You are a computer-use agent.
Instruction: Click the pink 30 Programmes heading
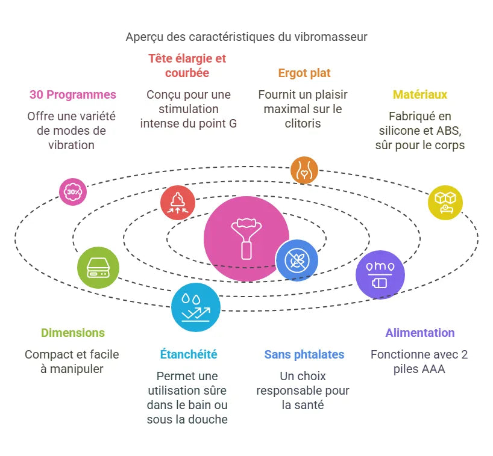pos(73,94)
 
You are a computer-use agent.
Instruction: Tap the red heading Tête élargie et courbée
pos(187,66)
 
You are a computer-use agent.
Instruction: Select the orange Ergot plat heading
pos(304,73)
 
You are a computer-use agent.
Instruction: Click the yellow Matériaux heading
pos(420,94)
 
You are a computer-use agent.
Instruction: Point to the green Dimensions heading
pos(73,333)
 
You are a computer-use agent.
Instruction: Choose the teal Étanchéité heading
pos(189,354)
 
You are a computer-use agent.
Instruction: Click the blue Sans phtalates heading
pos(304,354)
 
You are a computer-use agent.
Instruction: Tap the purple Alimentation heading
pos(420,333)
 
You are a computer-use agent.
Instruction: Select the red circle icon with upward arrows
pos(178,203)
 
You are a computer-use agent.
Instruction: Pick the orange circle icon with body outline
pos(304,170)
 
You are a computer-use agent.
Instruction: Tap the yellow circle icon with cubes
pos(445,202)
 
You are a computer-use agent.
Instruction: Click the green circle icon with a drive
pos(98,267)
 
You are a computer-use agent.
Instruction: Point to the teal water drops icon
pos(195,307)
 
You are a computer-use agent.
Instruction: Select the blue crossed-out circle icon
pos(297,260)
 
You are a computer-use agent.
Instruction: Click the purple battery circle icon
pos(380,274)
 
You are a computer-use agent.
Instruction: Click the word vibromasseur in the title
pos(331,37)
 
